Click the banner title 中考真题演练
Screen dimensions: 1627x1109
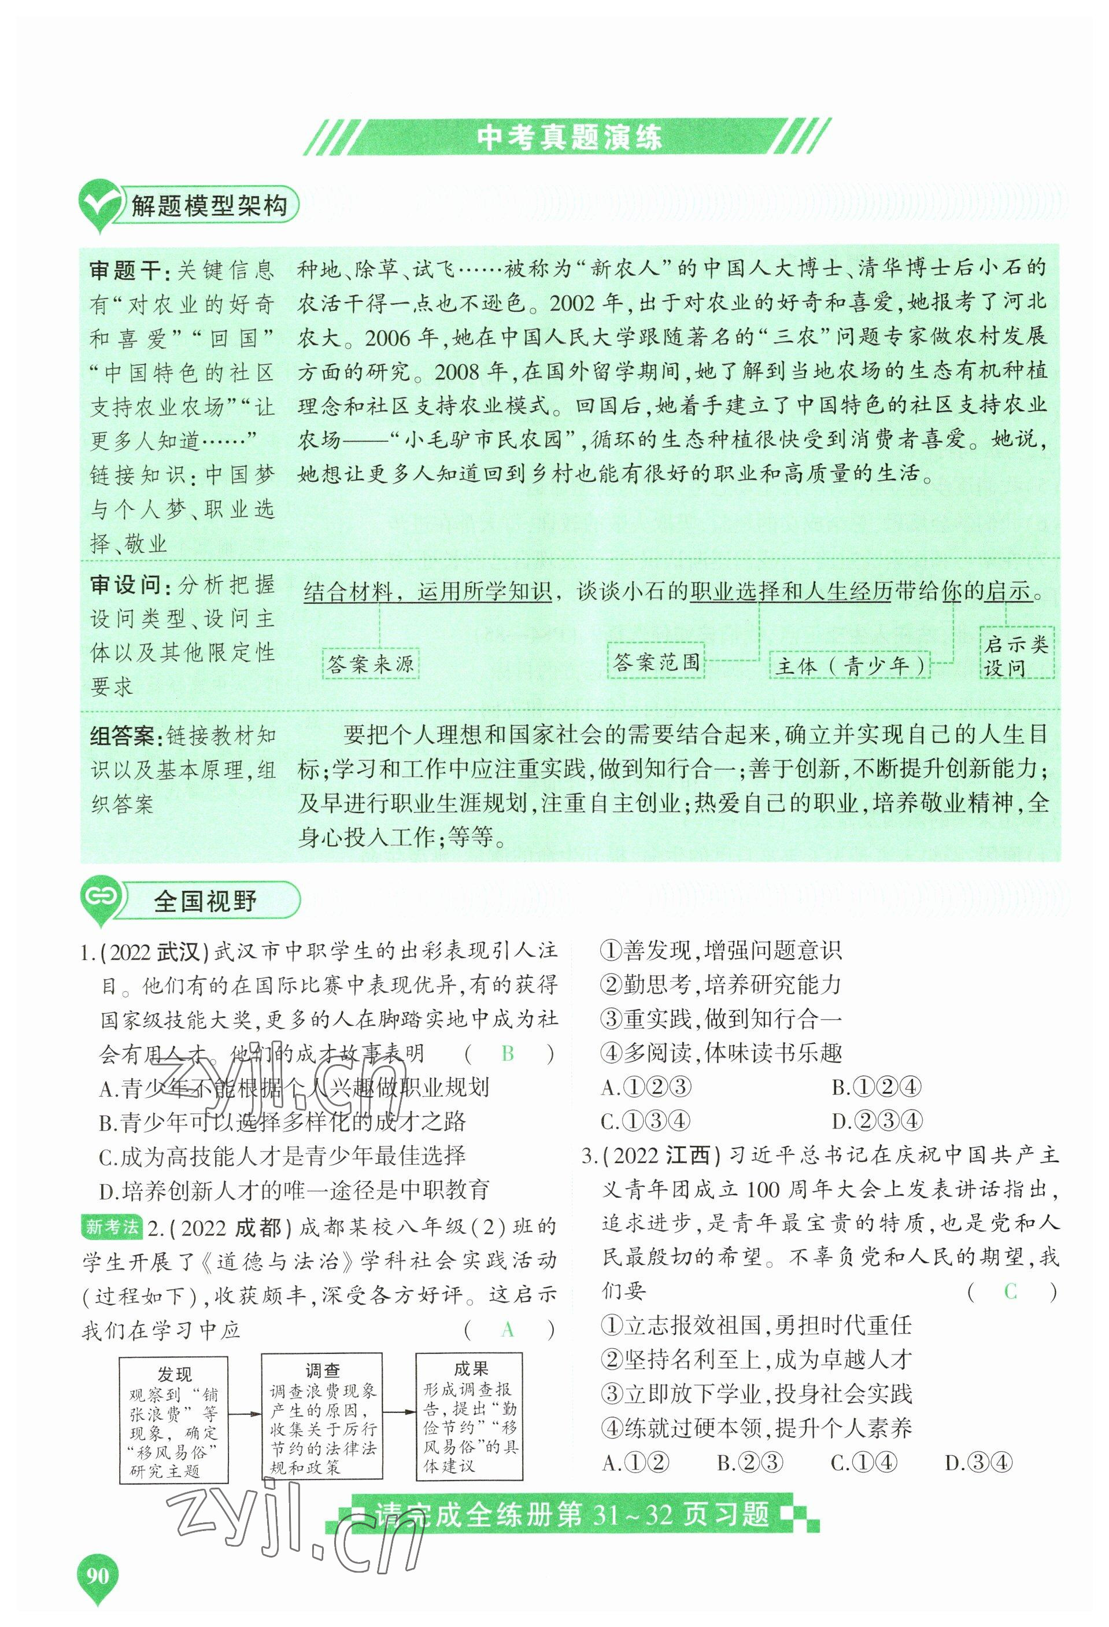coord(568,137)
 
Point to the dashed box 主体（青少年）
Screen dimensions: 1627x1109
coord(850,665)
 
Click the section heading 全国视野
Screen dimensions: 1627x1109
coord(205,901)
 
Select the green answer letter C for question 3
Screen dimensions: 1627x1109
coord(1010,1291)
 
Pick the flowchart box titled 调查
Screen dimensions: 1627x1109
coord(322,1415)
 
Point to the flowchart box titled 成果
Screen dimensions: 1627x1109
coord(470,1415)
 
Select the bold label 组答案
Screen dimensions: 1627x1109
coord(124,736)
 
